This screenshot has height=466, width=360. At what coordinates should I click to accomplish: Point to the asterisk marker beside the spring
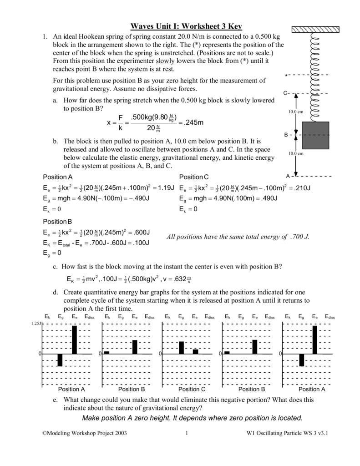tap(286, 76)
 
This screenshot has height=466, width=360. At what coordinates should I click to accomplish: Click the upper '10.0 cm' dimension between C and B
tap(295, 112)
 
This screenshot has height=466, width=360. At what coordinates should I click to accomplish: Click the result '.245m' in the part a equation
tap(193, 123)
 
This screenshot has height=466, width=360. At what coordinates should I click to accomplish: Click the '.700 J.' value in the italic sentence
tap(299, 237)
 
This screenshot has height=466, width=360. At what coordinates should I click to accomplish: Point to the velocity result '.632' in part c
tap(178, 279)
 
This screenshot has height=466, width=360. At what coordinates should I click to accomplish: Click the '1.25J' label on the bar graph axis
tap(36, 324)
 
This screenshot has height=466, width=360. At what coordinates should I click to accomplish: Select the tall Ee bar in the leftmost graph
tap(74, 339)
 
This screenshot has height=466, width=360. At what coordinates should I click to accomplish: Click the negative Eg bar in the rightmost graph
tap(301, 360)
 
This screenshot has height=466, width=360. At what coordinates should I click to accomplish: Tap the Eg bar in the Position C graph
tap(181, 348)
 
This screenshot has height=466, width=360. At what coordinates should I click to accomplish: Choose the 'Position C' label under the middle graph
tap(192, 390)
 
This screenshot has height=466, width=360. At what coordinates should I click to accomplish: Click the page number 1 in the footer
tap(187, 446)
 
